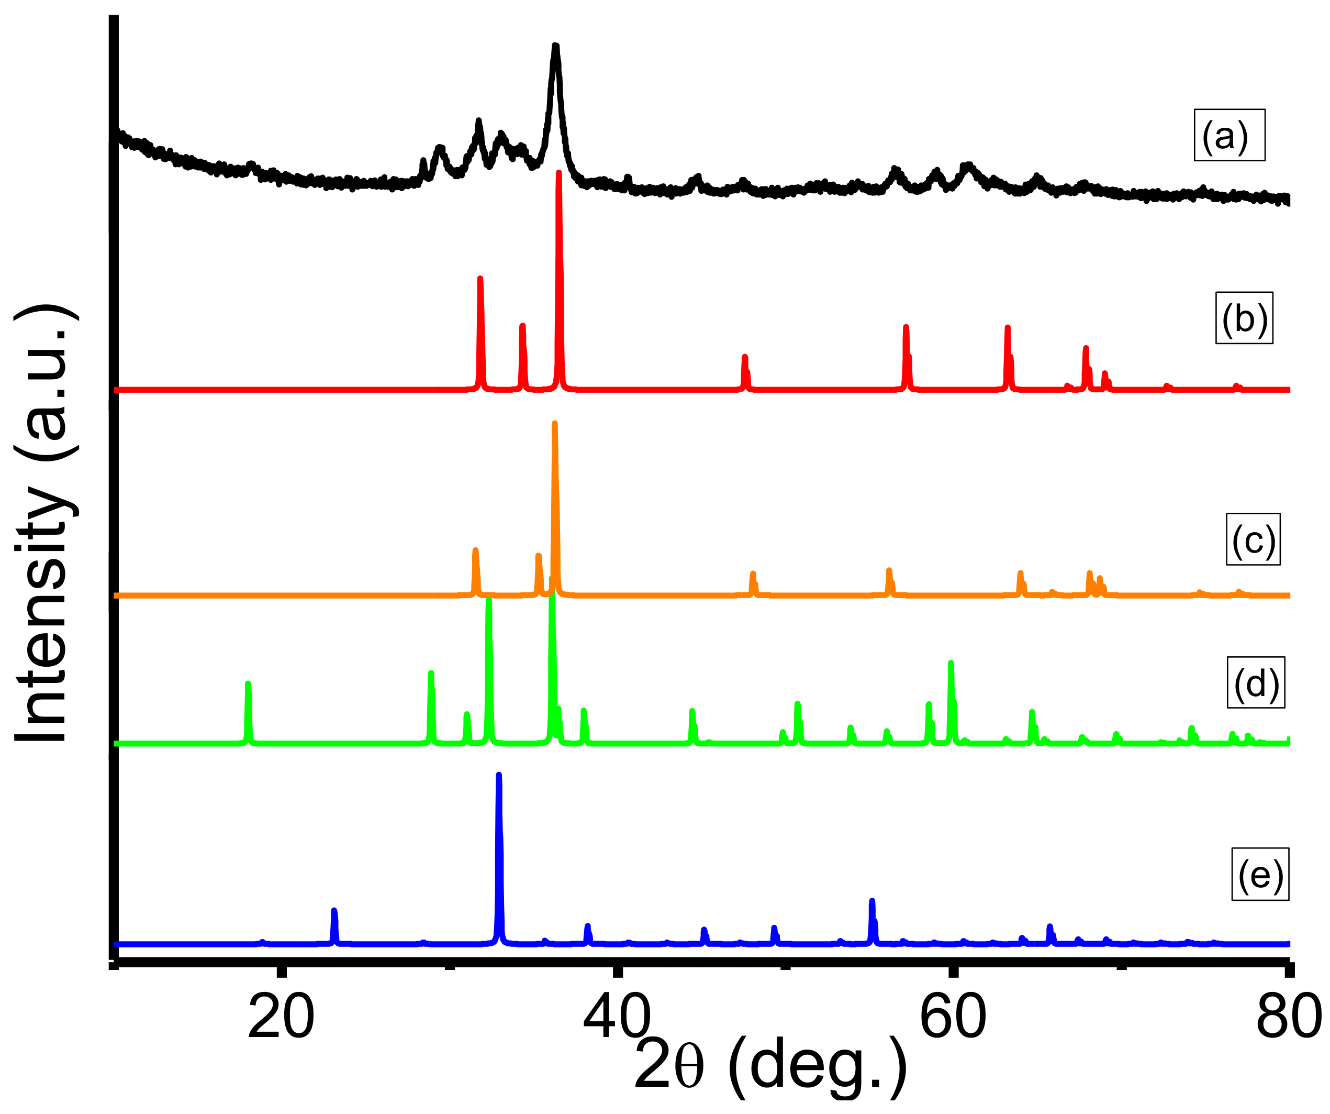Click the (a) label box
point(1230,135)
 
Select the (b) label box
point(1244,318)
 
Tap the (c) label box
point(1253,538)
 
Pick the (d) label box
point(1255,682)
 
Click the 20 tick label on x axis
point(281,1017)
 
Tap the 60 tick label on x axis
point(952,1017)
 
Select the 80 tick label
point(1288,1017)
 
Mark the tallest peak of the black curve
point(555,47)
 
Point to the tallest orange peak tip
point(555,423)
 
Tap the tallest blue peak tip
point(498,776)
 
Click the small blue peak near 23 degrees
point(334,911)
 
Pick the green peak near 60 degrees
point(951,664)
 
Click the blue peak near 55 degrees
point(872,901)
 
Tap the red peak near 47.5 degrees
point(745,357)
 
